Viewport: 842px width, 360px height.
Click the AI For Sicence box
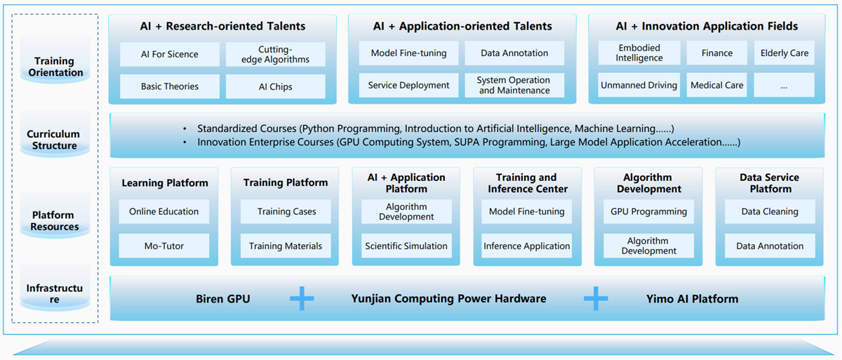170,54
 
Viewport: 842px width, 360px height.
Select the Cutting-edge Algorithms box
275,54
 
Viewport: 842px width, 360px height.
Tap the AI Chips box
275,86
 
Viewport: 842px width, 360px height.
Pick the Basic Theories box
170,86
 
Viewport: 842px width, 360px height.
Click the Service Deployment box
408,85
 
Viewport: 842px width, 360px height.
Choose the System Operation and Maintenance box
514,85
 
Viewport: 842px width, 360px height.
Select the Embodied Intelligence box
639,53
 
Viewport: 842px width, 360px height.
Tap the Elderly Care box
784,53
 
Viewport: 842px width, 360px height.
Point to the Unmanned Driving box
639,85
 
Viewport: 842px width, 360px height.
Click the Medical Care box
716,85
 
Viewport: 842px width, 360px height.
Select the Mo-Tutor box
164,246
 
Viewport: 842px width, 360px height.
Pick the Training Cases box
286,211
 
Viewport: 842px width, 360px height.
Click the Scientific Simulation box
406,246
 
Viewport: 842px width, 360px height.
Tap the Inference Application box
527,246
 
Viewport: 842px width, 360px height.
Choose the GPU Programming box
648,211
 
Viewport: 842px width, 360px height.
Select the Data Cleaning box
770,211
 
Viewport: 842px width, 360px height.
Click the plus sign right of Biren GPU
302,299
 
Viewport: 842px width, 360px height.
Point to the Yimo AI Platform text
692,299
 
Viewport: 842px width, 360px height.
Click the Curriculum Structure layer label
54,140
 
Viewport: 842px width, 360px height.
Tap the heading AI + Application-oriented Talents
462,27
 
